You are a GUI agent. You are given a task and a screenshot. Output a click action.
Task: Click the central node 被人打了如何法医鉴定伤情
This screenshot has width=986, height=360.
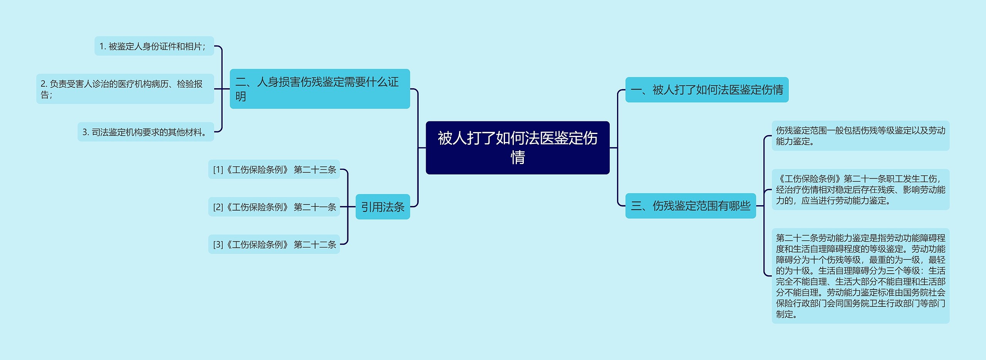point(517,148)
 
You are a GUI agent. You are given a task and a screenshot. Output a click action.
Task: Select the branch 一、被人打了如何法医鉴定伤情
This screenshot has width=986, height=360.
point(707,90)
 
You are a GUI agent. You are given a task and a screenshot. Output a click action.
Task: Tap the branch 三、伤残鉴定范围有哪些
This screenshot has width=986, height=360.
point(691,206)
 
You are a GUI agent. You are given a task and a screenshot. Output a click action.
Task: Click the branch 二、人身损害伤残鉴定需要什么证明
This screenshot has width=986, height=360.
point(320,89)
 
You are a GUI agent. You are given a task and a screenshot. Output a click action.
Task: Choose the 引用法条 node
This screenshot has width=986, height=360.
point(382,207)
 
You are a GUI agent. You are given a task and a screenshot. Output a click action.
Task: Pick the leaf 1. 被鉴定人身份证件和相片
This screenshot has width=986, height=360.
point(154,46)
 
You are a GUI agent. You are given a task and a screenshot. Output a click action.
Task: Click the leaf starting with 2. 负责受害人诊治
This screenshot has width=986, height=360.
point(125,89)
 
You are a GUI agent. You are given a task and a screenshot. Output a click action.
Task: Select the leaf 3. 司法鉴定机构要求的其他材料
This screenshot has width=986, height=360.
point(146,132)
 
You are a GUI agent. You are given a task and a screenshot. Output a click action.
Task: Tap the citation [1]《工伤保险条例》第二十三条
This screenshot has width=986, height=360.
point(274,169)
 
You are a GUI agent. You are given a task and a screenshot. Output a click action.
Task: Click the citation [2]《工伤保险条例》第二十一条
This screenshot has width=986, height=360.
point(274,207)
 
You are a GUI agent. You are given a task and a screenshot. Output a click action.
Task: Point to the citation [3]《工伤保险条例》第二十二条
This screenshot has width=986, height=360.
point(274,244)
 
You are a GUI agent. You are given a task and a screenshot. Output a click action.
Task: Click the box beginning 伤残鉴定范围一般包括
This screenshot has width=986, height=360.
point(860,136)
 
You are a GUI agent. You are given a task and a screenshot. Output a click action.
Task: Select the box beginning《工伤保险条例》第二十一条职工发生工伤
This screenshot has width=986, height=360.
point(860,189)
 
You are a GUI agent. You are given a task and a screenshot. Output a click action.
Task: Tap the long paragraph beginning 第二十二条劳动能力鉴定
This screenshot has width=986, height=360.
point(860,276)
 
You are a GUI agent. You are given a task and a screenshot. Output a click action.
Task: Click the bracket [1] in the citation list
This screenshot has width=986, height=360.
point(218,169)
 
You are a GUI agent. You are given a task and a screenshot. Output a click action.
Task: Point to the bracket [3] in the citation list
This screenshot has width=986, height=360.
point(218,244)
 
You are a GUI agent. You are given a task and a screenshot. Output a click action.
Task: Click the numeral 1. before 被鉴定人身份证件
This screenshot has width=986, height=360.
point(102,46)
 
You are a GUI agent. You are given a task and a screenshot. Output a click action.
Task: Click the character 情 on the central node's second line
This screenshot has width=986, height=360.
point(518,157)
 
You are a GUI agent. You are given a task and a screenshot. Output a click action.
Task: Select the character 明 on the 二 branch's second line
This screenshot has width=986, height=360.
point(241,96)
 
